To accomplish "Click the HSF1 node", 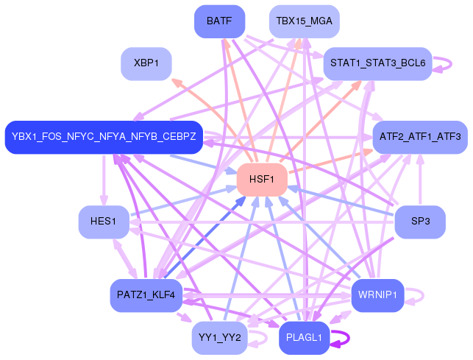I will (261, 180).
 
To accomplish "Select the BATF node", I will (219, 21).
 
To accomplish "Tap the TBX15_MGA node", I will (304, 21).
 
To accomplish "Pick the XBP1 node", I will (146, 63).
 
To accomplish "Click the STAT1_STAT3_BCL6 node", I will (377, 63).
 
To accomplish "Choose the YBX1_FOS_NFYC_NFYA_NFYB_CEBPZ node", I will (104, 137).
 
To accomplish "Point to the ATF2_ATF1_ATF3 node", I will (419, 137).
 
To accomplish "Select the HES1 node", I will (104, 222).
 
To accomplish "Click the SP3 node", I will (420, 222).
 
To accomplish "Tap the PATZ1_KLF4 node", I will (146, 295).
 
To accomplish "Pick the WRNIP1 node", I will (377, 295).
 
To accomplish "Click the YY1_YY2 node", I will (219, 338).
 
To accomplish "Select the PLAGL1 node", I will (304, 338).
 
